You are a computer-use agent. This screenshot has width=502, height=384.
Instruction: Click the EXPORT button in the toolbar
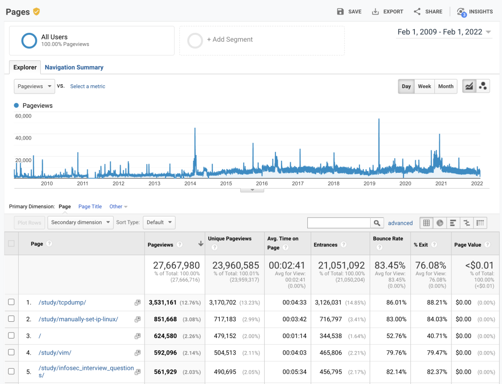click(x=387, y=12)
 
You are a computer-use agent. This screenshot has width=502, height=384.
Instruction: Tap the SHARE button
click(x=428, y=12)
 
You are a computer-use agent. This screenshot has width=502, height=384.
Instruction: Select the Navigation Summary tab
click(x=74, y=68)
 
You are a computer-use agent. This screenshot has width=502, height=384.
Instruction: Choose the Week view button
click(x=424, y=86)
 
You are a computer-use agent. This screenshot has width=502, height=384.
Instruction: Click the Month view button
click(x=446, y=86)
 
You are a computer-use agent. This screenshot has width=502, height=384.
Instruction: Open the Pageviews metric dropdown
click(x=34, y=86)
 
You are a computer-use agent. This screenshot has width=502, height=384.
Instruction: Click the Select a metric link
click(x=88, y=86)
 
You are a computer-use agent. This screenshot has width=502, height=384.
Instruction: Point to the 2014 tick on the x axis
click(x=190, y=184)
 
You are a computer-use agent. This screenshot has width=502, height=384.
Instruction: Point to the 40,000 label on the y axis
click(x=24, y=138)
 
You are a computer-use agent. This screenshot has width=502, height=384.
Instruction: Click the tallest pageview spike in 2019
click(x=379, y=120)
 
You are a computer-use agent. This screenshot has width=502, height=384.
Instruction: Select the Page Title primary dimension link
click(x=90, y=207)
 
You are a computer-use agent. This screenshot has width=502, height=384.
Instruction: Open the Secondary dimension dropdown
click(x=80, y=222)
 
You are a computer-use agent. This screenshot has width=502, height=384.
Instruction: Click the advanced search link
click(x=401, y=223)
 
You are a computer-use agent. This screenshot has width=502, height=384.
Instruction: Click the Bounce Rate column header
click(x=388, y=239)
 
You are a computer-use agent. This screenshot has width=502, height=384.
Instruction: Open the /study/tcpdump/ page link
click(x=62, y=303)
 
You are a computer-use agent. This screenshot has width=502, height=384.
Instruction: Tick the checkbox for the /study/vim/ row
click(x=11, y=353)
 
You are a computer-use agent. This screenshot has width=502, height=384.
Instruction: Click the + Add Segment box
click(x=262, y=40)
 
